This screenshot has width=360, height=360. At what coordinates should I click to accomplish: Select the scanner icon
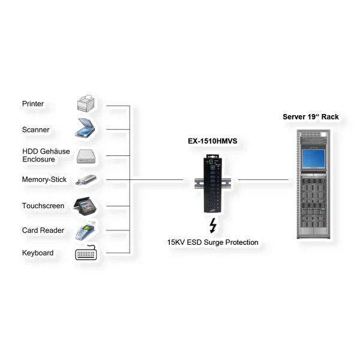[86, 128]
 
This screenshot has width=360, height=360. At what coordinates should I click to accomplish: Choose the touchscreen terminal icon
[86, 205]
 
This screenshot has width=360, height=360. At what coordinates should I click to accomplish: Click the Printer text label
[33, 104]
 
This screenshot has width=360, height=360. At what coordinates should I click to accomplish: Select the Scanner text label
[36, 130]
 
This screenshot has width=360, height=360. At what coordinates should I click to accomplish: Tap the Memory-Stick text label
[44, 179]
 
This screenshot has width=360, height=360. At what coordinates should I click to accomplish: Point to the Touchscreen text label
[43, 206]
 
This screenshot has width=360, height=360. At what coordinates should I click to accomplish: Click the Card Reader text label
[41, 230]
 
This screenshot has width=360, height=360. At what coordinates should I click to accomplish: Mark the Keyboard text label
[38, 253]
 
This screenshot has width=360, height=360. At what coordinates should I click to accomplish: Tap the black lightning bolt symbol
[212, 226]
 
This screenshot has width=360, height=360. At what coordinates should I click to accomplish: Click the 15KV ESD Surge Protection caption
[213, 242]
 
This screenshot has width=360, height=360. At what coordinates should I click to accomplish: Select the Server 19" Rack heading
[314, 117]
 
